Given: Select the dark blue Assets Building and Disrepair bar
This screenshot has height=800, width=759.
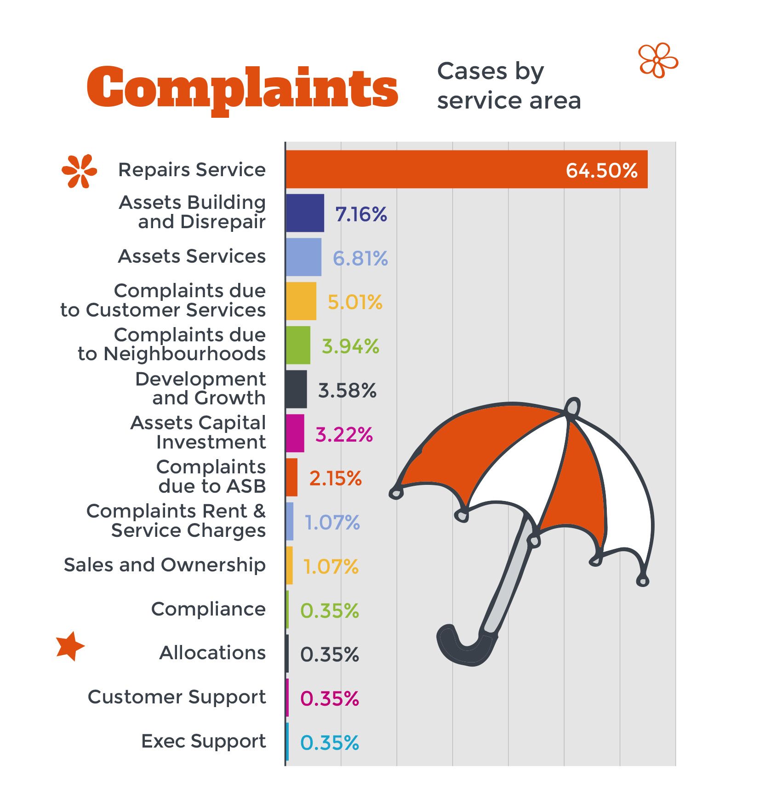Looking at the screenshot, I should (x=305, y=213).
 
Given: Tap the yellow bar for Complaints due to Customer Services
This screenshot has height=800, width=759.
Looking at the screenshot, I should (x=301, y=301).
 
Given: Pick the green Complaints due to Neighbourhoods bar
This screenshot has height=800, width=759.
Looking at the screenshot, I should (x=298, y=345).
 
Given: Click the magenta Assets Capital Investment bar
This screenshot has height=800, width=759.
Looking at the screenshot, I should (x=295, y=433).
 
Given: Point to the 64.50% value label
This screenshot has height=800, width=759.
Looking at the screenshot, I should (x=601, y=171).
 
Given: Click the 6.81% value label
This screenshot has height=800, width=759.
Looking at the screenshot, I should (x=360, y=258).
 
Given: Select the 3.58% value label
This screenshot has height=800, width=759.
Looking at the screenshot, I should (x=347, y=391).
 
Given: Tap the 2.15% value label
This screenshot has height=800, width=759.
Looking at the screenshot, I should (x=335, y=478).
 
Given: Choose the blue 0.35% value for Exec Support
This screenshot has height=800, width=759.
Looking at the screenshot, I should (x=329, y=743).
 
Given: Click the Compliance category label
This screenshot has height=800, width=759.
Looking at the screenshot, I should (x=208, y=609).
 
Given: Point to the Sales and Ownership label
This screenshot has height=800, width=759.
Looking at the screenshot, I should (x=165, y=565).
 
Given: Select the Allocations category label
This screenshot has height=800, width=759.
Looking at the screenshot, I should (x=212, y=653).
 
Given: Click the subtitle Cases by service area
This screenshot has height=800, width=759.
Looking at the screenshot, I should (x=508, y=86).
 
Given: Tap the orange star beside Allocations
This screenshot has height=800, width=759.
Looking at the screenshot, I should (x=70, y=646).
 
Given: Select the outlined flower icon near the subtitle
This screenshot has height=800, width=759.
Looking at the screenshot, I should (x=658, y=60).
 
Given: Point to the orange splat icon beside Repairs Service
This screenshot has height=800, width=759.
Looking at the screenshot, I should (x=79, y=171).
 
